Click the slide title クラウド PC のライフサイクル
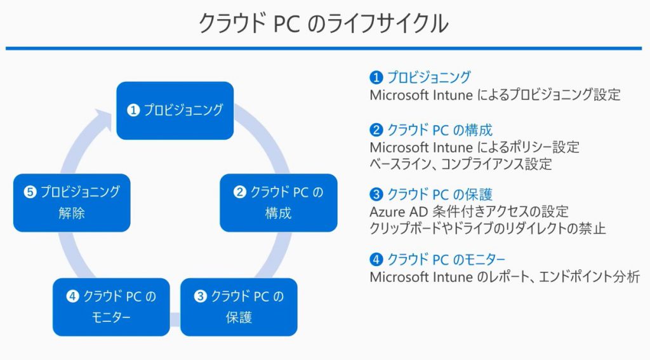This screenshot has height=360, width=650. pos(324,23)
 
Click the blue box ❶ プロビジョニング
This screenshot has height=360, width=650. pos(175,110)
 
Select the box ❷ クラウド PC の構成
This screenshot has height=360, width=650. pos(278,203)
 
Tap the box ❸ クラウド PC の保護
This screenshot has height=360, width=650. pos(239,307)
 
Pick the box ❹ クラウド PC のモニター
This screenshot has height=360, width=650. pos(111,307)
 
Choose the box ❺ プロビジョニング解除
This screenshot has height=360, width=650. pos(72,203)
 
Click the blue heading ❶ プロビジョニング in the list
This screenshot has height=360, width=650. pos(420,77)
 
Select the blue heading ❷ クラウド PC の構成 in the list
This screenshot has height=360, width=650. pos(431,131)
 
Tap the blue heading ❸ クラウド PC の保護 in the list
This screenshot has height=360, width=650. pos(431,194)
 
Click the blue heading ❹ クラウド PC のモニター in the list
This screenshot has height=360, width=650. pos(437,259)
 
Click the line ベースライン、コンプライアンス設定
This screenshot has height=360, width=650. pos(460,164)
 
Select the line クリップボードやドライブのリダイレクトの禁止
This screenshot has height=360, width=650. pos(487,228)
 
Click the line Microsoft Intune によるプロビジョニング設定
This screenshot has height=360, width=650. pos(494,95)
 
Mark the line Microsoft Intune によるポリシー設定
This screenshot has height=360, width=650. pos(474,148)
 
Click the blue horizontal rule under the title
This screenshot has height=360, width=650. pos(324,48)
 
